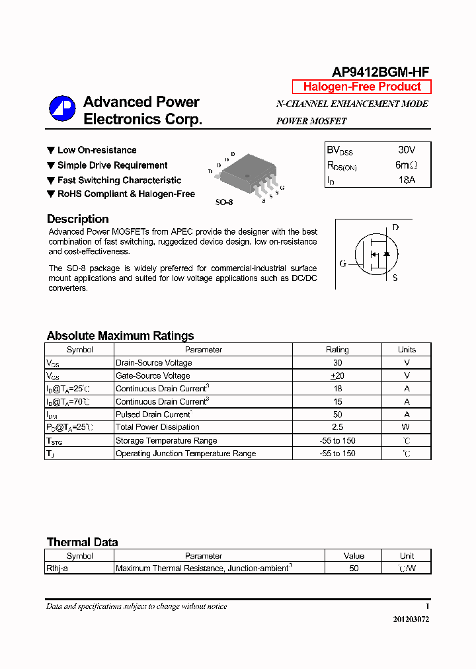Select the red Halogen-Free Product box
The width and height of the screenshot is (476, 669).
point(362,87)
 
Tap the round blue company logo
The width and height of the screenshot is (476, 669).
point(62,109)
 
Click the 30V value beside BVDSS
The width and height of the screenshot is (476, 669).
point(407,150)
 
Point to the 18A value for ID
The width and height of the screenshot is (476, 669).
point(406,179)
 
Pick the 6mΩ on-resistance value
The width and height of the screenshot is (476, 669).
point(406,165)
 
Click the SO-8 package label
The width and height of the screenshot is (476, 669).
point(224,202)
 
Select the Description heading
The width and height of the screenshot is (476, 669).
point(78,219)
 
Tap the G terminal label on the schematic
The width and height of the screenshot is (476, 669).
point(342,264)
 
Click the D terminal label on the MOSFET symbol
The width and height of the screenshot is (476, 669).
point(395,227)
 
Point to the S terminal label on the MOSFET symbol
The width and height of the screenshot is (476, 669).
point(395,278)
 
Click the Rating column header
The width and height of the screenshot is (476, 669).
point(337,350)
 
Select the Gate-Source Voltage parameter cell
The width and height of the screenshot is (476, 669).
point(153,375)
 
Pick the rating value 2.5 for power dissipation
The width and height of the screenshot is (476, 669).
point(337,427)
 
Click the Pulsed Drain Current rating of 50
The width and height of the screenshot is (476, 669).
point(337,414)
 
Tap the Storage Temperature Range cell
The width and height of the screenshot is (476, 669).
point(166,440)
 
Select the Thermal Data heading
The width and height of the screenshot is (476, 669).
point(82,542)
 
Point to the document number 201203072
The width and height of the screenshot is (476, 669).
point(407,619)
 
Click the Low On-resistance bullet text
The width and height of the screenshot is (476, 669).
point(97,150)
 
